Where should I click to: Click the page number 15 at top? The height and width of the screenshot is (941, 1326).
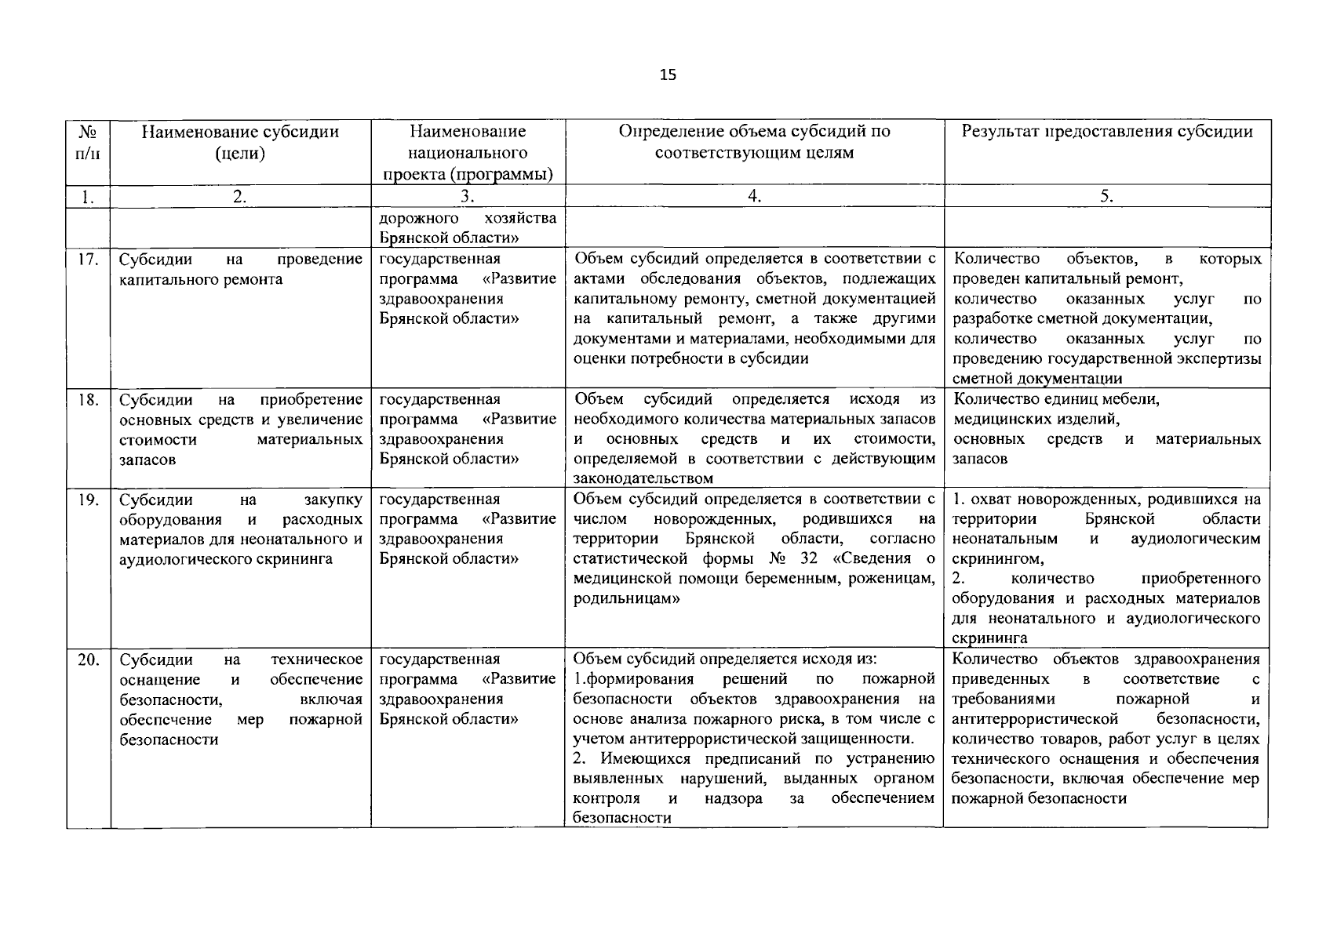pyautogui.click(x=668, y=75)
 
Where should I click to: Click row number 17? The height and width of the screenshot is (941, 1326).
pyautogui.click(x=88, y=259)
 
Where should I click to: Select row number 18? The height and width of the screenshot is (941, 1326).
pyautogui.click(x=88, y=400)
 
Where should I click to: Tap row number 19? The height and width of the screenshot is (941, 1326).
pyautogui.click(x=88, y=500)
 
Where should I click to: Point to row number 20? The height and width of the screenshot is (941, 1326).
pyautogui.click(x=88, y=660)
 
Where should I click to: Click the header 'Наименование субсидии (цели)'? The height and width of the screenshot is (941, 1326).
pyautogui.click(x=240, y=142)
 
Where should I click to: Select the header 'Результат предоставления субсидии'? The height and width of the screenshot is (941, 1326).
pyautogui.click(x=1106, y=131)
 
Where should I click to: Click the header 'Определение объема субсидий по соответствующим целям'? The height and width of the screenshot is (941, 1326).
pyautogui.click(x=754, y=142)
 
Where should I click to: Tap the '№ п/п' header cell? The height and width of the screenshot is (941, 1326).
pyautogui.click(x=88, y=142)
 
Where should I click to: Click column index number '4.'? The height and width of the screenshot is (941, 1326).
pyautogui.click(x=754, y=197)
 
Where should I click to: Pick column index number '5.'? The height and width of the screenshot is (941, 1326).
pyautogui.click(x=1106, y=197)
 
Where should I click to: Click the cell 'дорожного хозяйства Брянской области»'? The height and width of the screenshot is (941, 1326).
pyautogui.click(x=468, y=227)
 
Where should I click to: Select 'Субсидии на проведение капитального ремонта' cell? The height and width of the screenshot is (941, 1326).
pyautogui.click(x=240, y=269)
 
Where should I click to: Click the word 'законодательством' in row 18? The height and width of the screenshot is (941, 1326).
pyautogui.click(x=643, y=478)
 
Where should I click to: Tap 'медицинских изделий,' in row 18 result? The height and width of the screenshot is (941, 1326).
pyautogui.click(x=1036, y=420)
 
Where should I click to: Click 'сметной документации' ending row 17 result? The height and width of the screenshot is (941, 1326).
pyautogui.click(x=1036, y=379)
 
